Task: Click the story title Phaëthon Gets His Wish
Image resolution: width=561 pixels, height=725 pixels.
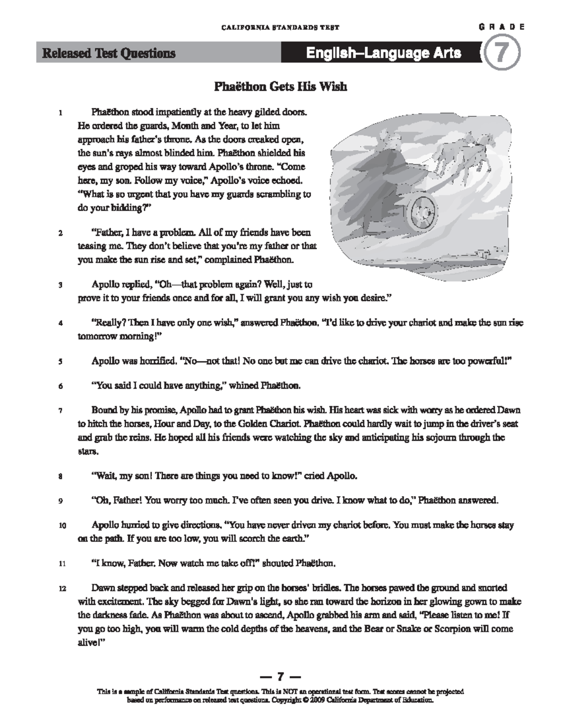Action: click(x=280, y=87)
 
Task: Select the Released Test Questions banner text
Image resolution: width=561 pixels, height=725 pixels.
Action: click(x=109, y=54)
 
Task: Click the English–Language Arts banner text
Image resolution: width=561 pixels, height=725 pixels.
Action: click(x=383, y=53)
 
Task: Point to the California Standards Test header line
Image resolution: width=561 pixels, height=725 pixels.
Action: click(x=280, y=28)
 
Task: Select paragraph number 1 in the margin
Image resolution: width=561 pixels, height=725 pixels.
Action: click(x=60, y=113)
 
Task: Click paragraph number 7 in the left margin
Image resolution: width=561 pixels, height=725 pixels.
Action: click(x=60, y=411)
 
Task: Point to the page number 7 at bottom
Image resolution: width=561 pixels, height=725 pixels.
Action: click(x=280, y=676)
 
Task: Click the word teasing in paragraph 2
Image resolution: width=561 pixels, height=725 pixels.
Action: click(x=92, y=246)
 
